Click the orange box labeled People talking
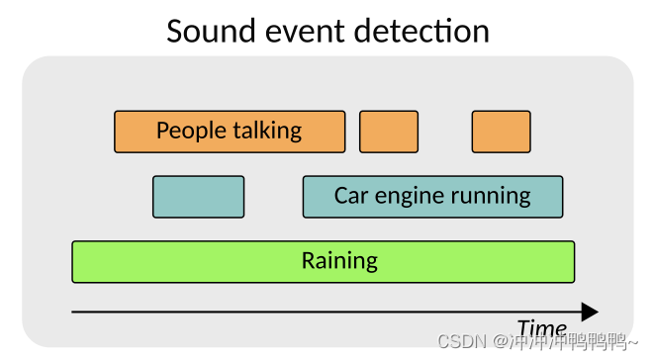[230, 132]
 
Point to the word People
[191, 131]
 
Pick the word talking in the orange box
[267, 131]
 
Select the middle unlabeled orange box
[388, 132]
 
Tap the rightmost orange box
[501, 132]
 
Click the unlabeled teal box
[198, 197]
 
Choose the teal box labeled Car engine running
[432, 197]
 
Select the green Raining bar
[323, 262]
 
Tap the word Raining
[339, 262]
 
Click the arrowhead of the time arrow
[590, 313]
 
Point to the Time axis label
[541, 329]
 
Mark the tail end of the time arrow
[74, 313]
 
